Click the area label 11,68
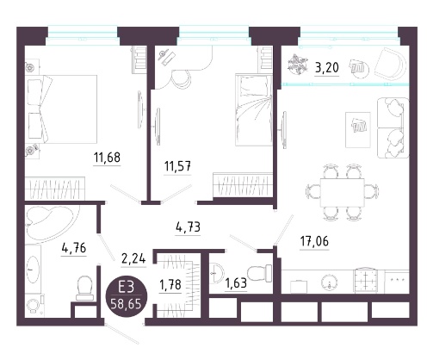click(107, 158)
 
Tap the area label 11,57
click(177, 166)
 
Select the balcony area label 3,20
click(326, 68)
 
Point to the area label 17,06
click(314, 241)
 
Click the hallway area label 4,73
click(188, 227)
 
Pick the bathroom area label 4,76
click(74, 247)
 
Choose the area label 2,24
click(133, 259)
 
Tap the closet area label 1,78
click(170, 285)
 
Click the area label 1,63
click(236, 283)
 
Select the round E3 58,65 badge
click(127, 295)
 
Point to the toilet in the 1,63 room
click(260, 273)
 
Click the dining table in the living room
click(343, 193)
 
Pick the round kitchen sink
click(329, 282)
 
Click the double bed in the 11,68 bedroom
click(61, 109)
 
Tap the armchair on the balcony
click(391, 65)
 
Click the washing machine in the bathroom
click(34, 305)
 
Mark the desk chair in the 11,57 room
click(181, 78)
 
